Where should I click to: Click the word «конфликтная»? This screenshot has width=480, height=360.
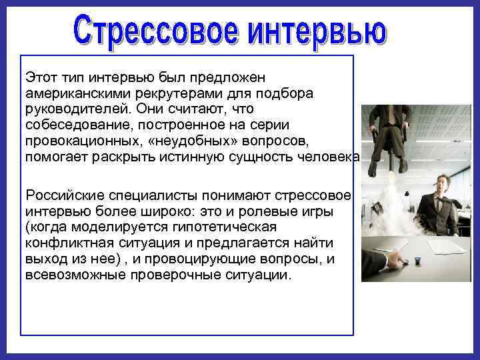64,243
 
